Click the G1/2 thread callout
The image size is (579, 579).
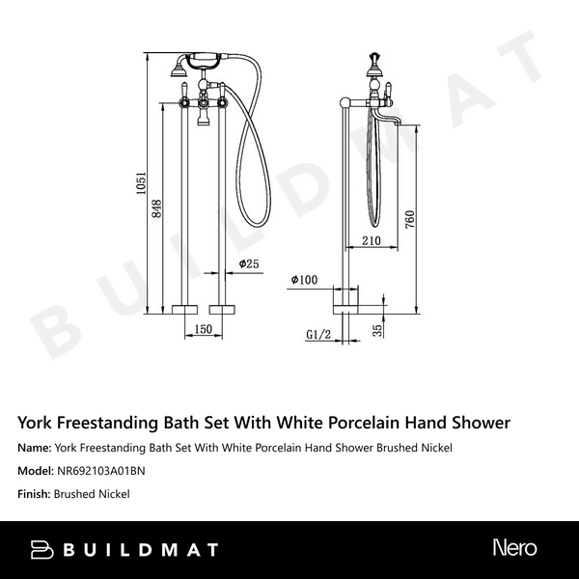point(318,334)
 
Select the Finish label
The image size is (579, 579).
point(34,494)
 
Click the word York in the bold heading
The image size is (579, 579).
point(37,422)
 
